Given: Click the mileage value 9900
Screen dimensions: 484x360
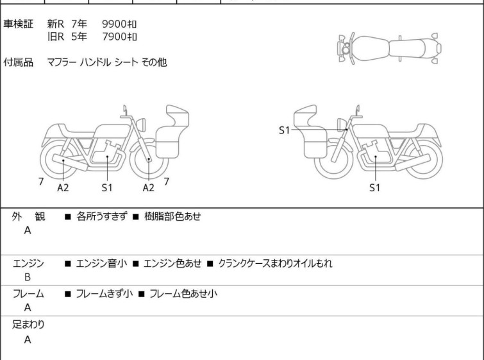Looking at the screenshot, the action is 114,24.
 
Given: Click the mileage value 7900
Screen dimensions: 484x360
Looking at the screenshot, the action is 114,37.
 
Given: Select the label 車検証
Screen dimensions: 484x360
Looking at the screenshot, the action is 18,24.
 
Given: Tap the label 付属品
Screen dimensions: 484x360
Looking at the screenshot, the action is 18,62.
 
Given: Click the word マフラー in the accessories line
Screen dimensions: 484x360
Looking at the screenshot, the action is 62,62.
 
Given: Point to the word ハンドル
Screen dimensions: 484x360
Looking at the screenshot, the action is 96,62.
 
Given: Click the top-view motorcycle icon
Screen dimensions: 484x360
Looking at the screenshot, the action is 389,49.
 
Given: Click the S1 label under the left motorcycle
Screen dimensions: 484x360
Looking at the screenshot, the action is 107,187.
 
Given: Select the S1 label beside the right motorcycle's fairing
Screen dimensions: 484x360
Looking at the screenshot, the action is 284,130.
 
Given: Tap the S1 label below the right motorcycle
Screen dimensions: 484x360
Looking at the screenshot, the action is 375,187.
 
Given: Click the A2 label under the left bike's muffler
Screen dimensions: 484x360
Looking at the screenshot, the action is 63,187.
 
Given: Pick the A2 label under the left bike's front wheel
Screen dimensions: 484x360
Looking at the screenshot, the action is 149,187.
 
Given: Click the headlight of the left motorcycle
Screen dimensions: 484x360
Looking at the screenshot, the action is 141,124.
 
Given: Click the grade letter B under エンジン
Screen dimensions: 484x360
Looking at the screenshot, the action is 28,277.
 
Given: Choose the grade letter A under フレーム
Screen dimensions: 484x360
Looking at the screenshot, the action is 28,307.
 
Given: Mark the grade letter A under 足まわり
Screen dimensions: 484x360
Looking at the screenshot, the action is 28,339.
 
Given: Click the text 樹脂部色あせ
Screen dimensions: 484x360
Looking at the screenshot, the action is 172,216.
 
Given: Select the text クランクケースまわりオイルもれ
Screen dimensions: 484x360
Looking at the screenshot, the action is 276,263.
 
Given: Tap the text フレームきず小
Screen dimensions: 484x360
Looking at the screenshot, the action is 104,293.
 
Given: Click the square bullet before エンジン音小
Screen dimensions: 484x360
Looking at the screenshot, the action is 67,264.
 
